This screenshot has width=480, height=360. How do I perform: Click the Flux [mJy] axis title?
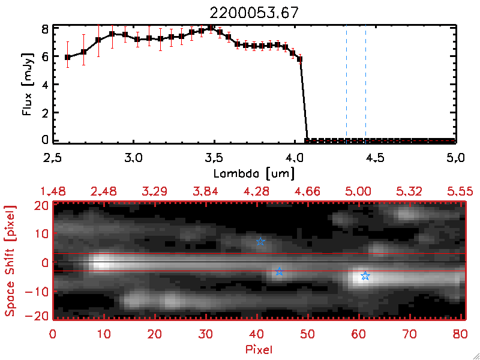pos(28,84)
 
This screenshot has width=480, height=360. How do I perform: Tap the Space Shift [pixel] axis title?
pos(10,261)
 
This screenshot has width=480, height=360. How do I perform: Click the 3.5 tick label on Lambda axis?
pos(214,158)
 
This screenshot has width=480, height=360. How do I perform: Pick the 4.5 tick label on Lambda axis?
pos(375,158)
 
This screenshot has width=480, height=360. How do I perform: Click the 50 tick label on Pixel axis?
pos(308,334)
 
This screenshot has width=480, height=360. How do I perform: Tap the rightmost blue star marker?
pos(365,276)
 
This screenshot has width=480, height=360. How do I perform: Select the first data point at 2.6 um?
pos(68,58)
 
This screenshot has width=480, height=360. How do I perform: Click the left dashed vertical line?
pos(346,84)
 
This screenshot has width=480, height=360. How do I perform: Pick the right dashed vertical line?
pos(365,84)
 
